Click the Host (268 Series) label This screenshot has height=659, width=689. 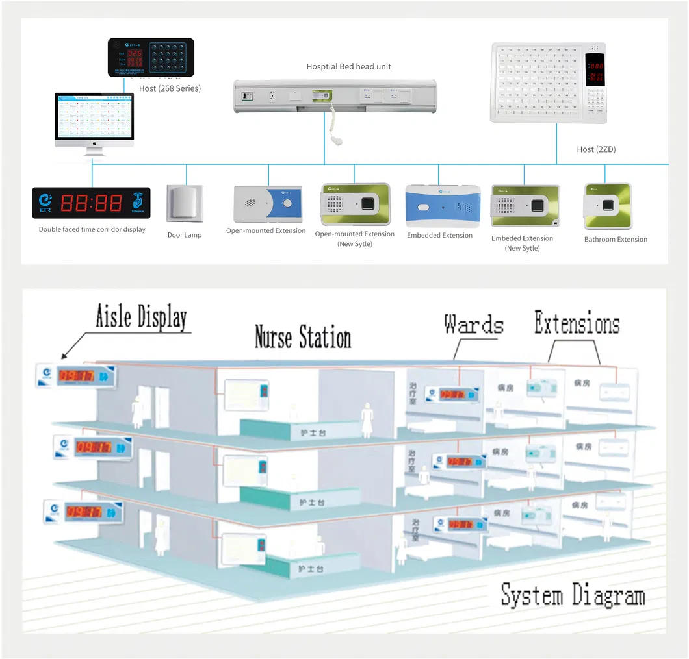[x=170, y=88]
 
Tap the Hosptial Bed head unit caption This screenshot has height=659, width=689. [x=348, y=66]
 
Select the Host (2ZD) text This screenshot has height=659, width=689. [x=596, y=149]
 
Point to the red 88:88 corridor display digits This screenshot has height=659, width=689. [x=90, y=203]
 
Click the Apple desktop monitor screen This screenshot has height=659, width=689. [x=94, y=118]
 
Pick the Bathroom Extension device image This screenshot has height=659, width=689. [x=607, y=206]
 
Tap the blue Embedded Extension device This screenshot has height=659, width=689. [x=442, y=206]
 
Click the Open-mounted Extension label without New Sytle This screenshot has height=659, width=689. [x=266, y=230]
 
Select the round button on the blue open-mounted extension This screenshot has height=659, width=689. [x=288, y=204]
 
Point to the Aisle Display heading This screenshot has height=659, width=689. [x=141, y=317]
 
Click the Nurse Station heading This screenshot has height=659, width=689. [x=302, y=338]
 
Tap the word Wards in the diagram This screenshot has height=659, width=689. [x=473, y=324]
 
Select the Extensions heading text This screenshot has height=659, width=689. [x=577, y=323]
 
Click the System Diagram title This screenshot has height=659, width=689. [x=573, y=595]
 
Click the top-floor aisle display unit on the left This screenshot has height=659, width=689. [x=77, y=377]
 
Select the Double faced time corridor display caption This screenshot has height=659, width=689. [x=92, y=229]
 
